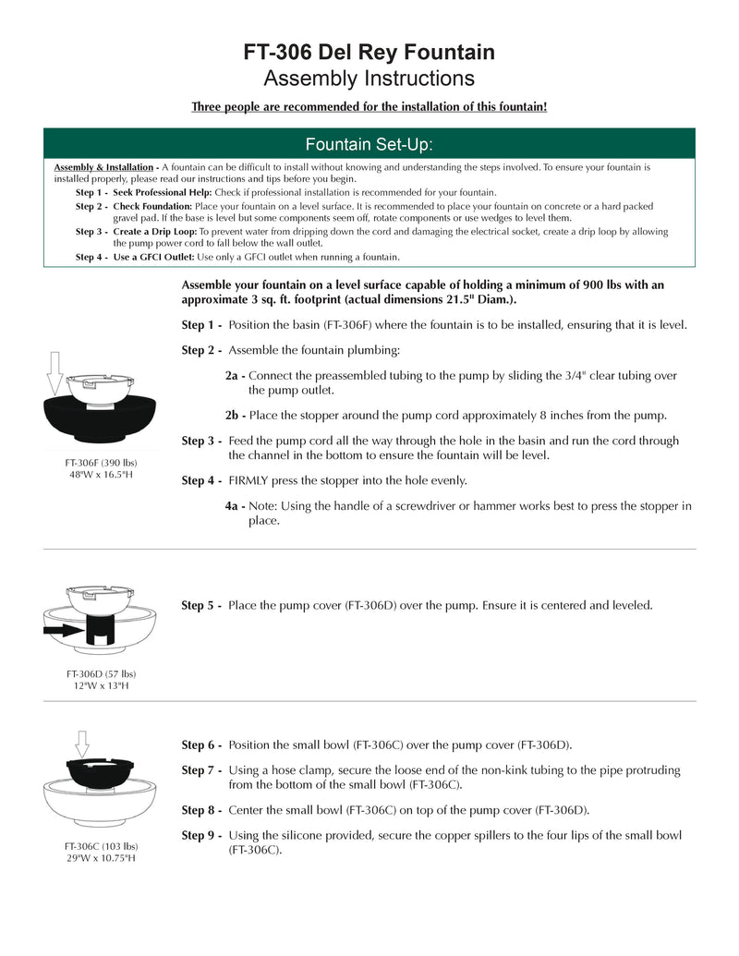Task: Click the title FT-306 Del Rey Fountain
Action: coord(369,52)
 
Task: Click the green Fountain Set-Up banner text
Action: coord(369,145)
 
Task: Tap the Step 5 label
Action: coord(201,606)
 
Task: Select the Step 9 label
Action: coord(201,835)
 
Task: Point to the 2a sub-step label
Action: coord(235,376)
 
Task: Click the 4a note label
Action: coord(235,506)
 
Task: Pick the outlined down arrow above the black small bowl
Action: coord(82,744)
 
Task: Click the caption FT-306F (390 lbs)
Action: coord(101,462)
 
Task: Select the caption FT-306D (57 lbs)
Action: coord(101,673)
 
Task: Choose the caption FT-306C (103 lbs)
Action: coord(101,846)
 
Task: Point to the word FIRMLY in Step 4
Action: coord(252,480)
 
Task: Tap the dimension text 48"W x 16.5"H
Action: coord(101,474)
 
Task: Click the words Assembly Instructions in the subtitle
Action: coord(369,78)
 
